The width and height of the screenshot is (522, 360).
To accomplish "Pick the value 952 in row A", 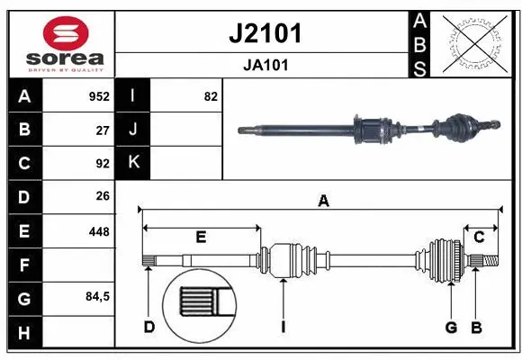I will (99, 96).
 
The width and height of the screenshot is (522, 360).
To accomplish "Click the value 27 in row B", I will (103, 130).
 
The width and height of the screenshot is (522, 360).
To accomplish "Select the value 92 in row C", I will (103, 164).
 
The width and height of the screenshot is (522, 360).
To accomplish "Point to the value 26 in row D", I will (103, 196).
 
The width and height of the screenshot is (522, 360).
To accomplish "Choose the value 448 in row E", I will (99, 231).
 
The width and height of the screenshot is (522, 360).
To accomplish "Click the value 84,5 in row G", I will (97, 296).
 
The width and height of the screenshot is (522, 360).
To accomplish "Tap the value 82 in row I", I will (211, 96).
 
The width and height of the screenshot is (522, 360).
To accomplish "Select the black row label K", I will (133, 163).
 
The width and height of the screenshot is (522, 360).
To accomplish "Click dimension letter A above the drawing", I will (322, 202).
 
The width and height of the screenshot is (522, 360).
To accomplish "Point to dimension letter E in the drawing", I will (201, 237).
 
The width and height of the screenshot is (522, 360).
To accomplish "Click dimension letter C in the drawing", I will (479, 237).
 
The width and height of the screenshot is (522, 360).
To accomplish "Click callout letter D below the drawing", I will (149, 327).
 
